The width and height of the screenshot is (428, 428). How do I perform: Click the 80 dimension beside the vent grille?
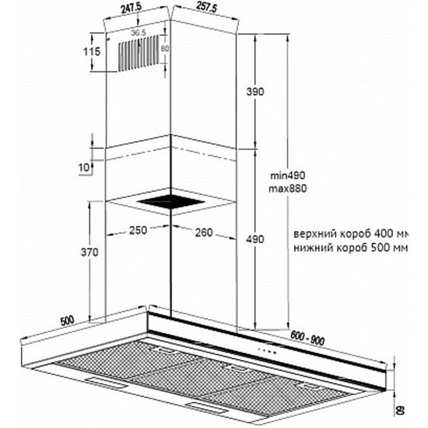(164, 48)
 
